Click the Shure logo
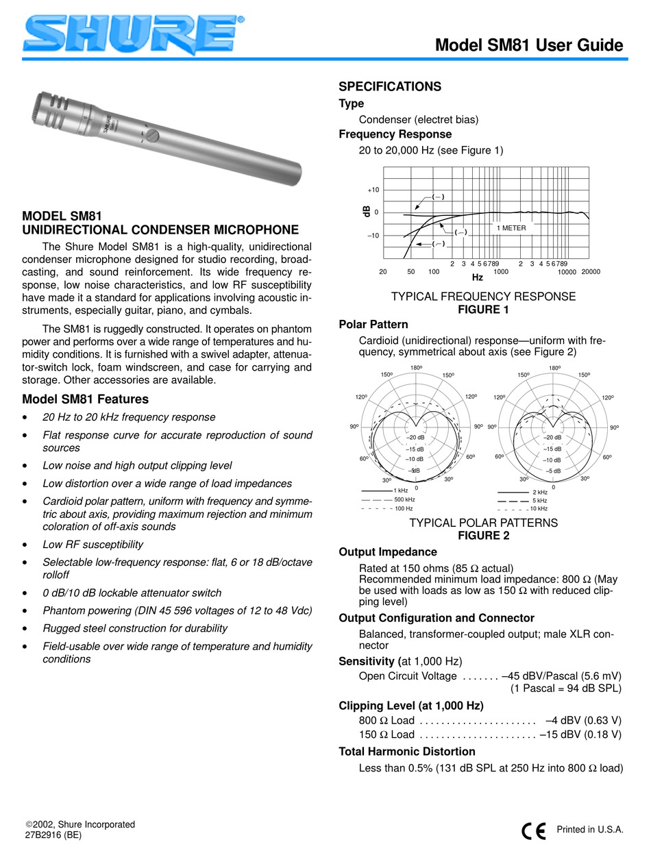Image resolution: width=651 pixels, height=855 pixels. tap(130, 32)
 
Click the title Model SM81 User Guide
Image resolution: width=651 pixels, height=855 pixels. tap(529, 45)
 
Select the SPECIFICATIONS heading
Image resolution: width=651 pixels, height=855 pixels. tap(390, 87)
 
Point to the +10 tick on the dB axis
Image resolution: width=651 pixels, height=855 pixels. tap(372, 190)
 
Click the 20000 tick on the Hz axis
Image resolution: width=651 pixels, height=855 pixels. tap(590, 272)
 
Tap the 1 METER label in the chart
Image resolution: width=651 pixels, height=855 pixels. tap(511, 228)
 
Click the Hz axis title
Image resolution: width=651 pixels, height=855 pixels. tap(478, 278)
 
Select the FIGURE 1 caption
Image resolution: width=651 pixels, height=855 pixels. tap(482, 310)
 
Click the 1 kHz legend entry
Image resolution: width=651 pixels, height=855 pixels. tap(402, 491)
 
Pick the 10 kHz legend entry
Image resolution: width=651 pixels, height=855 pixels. tap(539, 508)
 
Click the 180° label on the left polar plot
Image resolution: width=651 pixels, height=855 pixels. tap(416, 369)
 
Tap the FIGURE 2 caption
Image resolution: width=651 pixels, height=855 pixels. tap(482, 536)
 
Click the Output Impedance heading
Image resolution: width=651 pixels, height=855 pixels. tap(388, 552)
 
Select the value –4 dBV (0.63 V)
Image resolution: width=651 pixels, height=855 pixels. tap(583, 720)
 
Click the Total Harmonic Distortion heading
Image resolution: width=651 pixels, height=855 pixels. tap(407, 752)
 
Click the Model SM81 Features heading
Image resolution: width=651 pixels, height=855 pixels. tap(86, 399)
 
